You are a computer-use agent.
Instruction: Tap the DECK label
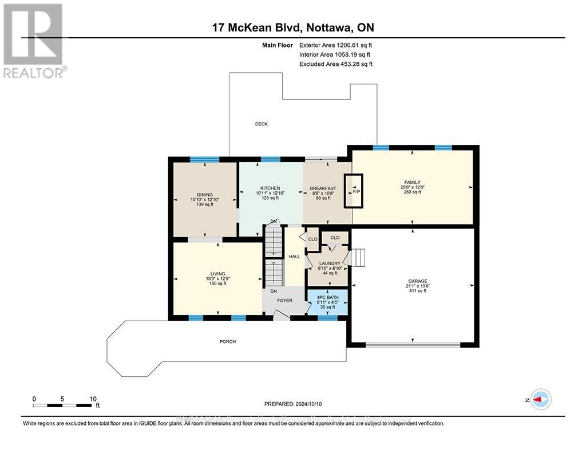tap(261, 124)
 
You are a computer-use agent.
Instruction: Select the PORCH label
tap(227, 342)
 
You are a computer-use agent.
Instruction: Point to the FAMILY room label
tap(412, 183)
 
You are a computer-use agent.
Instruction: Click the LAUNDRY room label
tap(330, 264)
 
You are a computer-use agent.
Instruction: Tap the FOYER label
tap(284, 301)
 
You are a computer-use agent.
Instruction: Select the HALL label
tap(294, 257)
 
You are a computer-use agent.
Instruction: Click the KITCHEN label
tap(270, 188)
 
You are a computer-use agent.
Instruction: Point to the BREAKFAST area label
tap(323, 188)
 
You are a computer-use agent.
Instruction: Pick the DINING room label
tap(204, 195)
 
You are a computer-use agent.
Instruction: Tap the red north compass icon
tap(540, 399)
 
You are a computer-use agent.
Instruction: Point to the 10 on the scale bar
tap(93, 399)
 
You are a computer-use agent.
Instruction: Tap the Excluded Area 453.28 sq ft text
tap(335, 64)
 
